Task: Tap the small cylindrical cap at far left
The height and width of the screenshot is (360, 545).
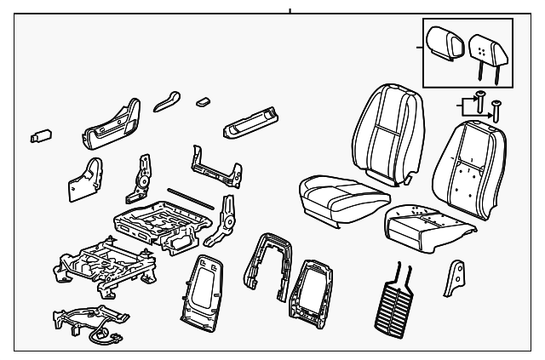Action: pyautogui.click(x=41, y=134)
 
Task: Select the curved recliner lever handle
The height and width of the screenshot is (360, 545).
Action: pyautogui.click(x=168, y=102)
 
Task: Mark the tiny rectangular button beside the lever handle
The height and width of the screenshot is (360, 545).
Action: pyautogui.click(x=203, y=100)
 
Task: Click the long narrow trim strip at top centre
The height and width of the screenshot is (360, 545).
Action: pyautogui.click(x=253, y=123)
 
